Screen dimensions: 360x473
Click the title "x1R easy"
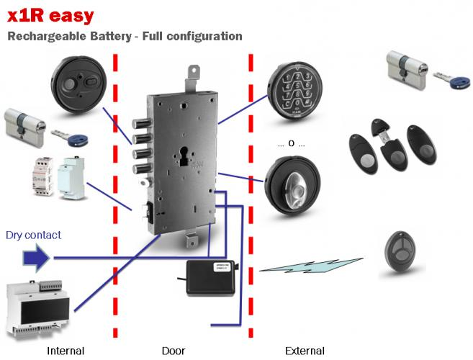(45, 16)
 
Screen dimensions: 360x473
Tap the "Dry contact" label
(33, 235)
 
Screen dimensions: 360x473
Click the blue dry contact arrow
(34, 257)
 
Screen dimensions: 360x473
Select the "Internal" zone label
(66, 351)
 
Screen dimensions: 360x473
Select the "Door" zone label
(173, 351)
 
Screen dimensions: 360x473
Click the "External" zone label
(305, 351)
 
